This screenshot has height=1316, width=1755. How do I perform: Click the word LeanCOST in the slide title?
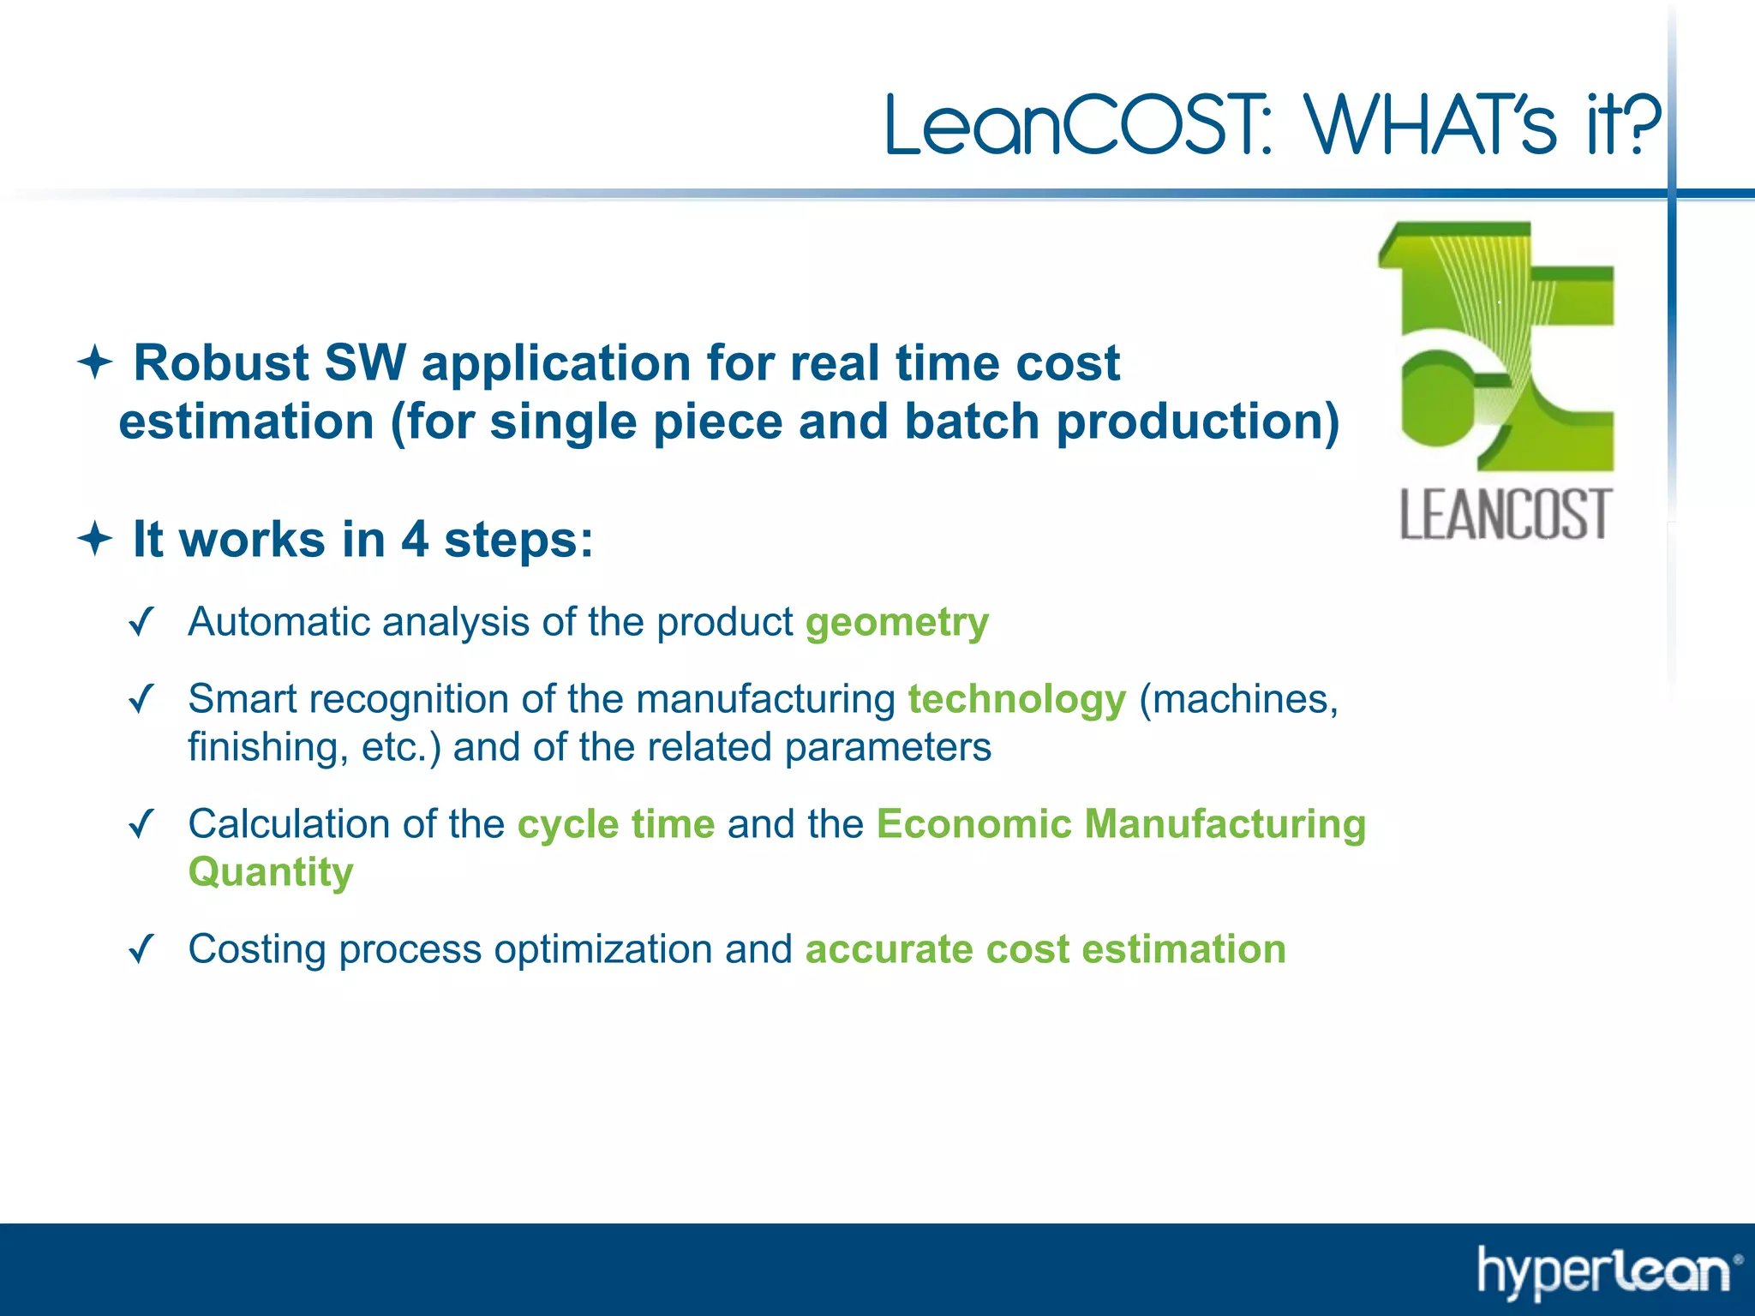coord(1075,126)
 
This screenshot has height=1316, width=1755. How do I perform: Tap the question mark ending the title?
coord(1639,124)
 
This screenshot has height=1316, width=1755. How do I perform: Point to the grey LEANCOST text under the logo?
coord(1506,515)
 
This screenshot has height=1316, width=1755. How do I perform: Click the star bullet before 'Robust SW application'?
coord(95,362)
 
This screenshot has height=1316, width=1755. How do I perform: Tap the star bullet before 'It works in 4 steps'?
coord(95,539)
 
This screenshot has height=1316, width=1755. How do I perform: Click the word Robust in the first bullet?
coord(220,362)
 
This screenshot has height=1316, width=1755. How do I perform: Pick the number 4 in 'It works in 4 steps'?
coord(414,539)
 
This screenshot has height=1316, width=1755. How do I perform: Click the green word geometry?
coord(896,623)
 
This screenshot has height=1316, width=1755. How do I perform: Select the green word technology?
coord(1016,699)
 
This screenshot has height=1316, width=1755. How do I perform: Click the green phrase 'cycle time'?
coord(615,824)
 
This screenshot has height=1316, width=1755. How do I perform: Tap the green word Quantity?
coord(271,872)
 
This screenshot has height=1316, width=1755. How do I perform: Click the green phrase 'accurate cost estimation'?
coord(1045,949)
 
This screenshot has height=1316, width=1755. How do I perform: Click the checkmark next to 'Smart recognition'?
coord(141,698)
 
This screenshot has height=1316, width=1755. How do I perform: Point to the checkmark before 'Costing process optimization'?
coord(141,948)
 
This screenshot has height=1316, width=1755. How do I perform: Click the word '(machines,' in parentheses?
coord(1238,699)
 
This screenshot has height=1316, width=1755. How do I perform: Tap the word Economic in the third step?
coord(973,824)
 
